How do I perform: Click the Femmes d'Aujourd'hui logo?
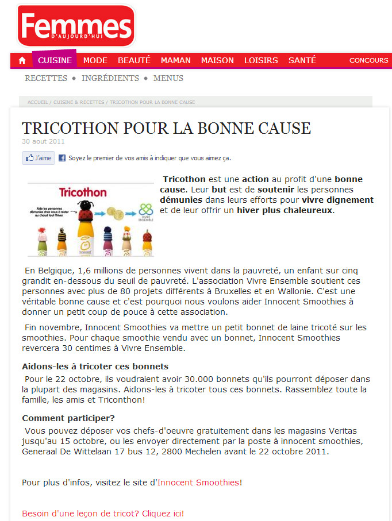coord(75,26)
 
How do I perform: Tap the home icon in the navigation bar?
coord(22,60)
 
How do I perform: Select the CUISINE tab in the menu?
coord(55,60)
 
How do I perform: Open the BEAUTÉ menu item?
coord(134,60)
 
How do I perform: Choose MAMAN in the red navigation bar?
coord(176,60)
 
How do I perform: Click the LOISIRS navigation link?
coord(261,60)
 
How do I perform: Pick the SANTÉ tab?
coord(302,60)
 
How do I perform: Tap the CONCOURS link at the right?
coord(368,60)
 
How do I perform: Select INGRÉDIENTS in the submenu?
coord(110,78)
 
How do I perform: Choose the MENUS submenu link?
coord(168,78)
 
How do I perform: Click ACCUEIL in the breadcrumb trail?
coord(37,102)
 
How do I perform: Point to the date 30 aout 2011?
coord(43,141)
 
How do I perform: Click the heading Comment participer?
coord(68,418)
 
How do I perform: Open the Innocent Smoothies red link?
coord(198,483)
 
